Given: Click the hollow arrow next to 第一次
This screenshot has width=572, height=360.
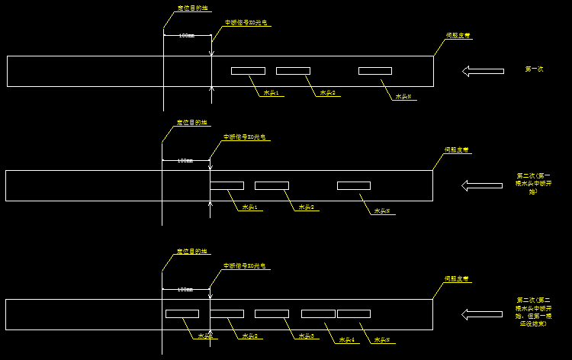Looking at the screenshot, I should [x=483, y=71].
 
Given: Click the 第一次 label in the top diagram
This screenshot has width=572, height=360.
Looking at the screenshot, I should [x=534, y=69].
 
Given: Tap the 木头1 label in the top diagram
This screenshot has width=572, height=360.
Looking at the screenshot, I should [x=271, y=93].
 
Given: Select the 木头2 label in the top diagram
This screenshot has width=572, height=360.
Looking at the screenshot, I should [x=328, y=93].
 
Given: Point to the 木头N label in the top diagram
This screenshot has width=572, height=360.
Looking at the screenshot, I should [x=403, y=97].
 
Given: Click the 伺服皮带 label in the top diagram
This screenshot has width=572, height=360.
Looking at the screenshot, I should [x=457, y=35].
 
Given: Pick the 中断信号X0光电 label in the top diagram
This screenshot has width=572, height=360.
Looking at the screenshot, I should [x=246, y=23].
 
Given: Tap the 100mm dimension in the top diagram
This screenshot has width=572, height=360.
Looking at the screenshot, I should [x=186, y=35].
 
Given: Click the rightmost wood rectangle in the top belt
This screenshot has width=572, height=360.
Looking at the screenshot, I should [x=375, y=71].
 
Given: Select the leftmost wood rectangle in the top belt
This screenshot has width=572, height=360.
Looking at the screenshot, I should [x=248, y=71].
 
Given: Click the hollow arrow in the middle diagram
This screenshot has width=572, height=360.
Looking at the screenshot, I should [x=482, y=185].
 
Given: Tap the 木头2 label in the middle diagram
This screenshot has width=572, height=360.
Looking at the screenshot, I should [x=307, y=207].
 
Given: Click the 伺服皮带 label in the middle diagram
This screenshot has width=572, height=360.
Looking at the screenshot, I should [x=456, y=149].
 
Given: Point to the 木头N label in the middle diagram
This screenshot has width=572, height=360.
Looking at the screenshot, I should [x=381, y=211].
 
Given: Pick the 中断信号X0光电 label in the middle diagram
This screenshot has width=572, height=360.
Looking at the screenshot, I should [x=244, y=137].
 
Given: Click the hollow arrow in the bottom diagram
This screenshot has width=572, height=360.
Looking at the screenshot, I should [x=482, y=314].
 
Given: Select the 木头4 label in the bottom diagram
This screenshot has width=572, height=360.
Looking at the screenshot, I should [x=347, y=340].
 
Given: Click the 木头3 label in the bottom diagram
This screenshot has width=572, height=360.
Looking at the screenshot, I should [x=307, y=336].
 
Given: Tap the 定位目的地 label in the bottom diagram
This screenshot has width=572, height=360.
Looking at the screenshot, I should [x=191, y=251].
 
